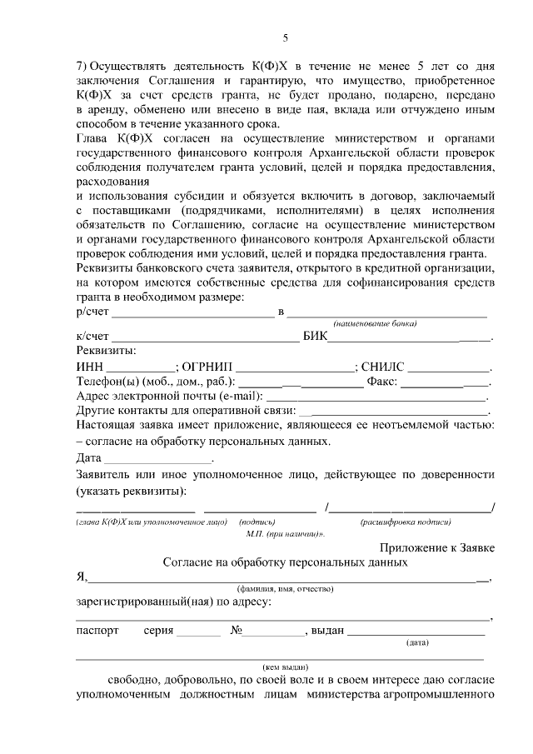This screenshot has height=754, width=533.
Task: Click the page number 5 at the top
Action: coord(285,37)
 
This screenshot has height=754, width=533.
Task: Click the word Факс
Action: coord(382,382)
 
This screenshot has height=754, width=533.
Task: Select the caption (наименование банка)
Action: coord(374,323)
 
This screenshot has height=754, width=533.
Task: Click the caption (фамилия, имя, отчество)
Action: coord(285,588)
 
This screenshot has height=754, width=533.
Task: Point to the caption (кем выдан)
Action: coord(286,667)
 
